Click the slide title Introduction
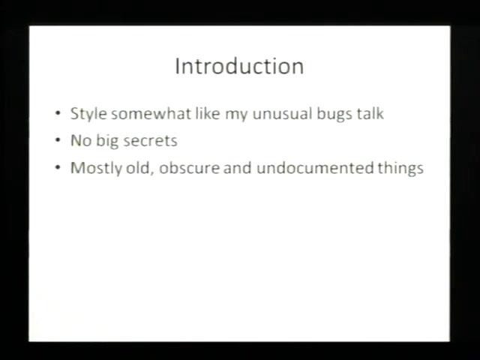click(x=239, y=66)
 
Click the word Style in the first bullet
click(x=88, y=114)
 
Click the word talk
click(x=370, y=113)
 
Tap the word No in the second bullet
click(x=81, y=141)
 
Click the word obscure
click(x=189, y=168)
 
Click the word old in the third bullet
click(x=139, y=168)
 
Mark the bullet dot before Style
click(x=58, y=113)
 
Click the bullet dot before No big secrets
click(x=58, y=141)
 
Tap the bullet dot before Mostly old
click(x=58, y=168)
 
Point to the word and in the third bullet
click(x=238, y=168)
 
